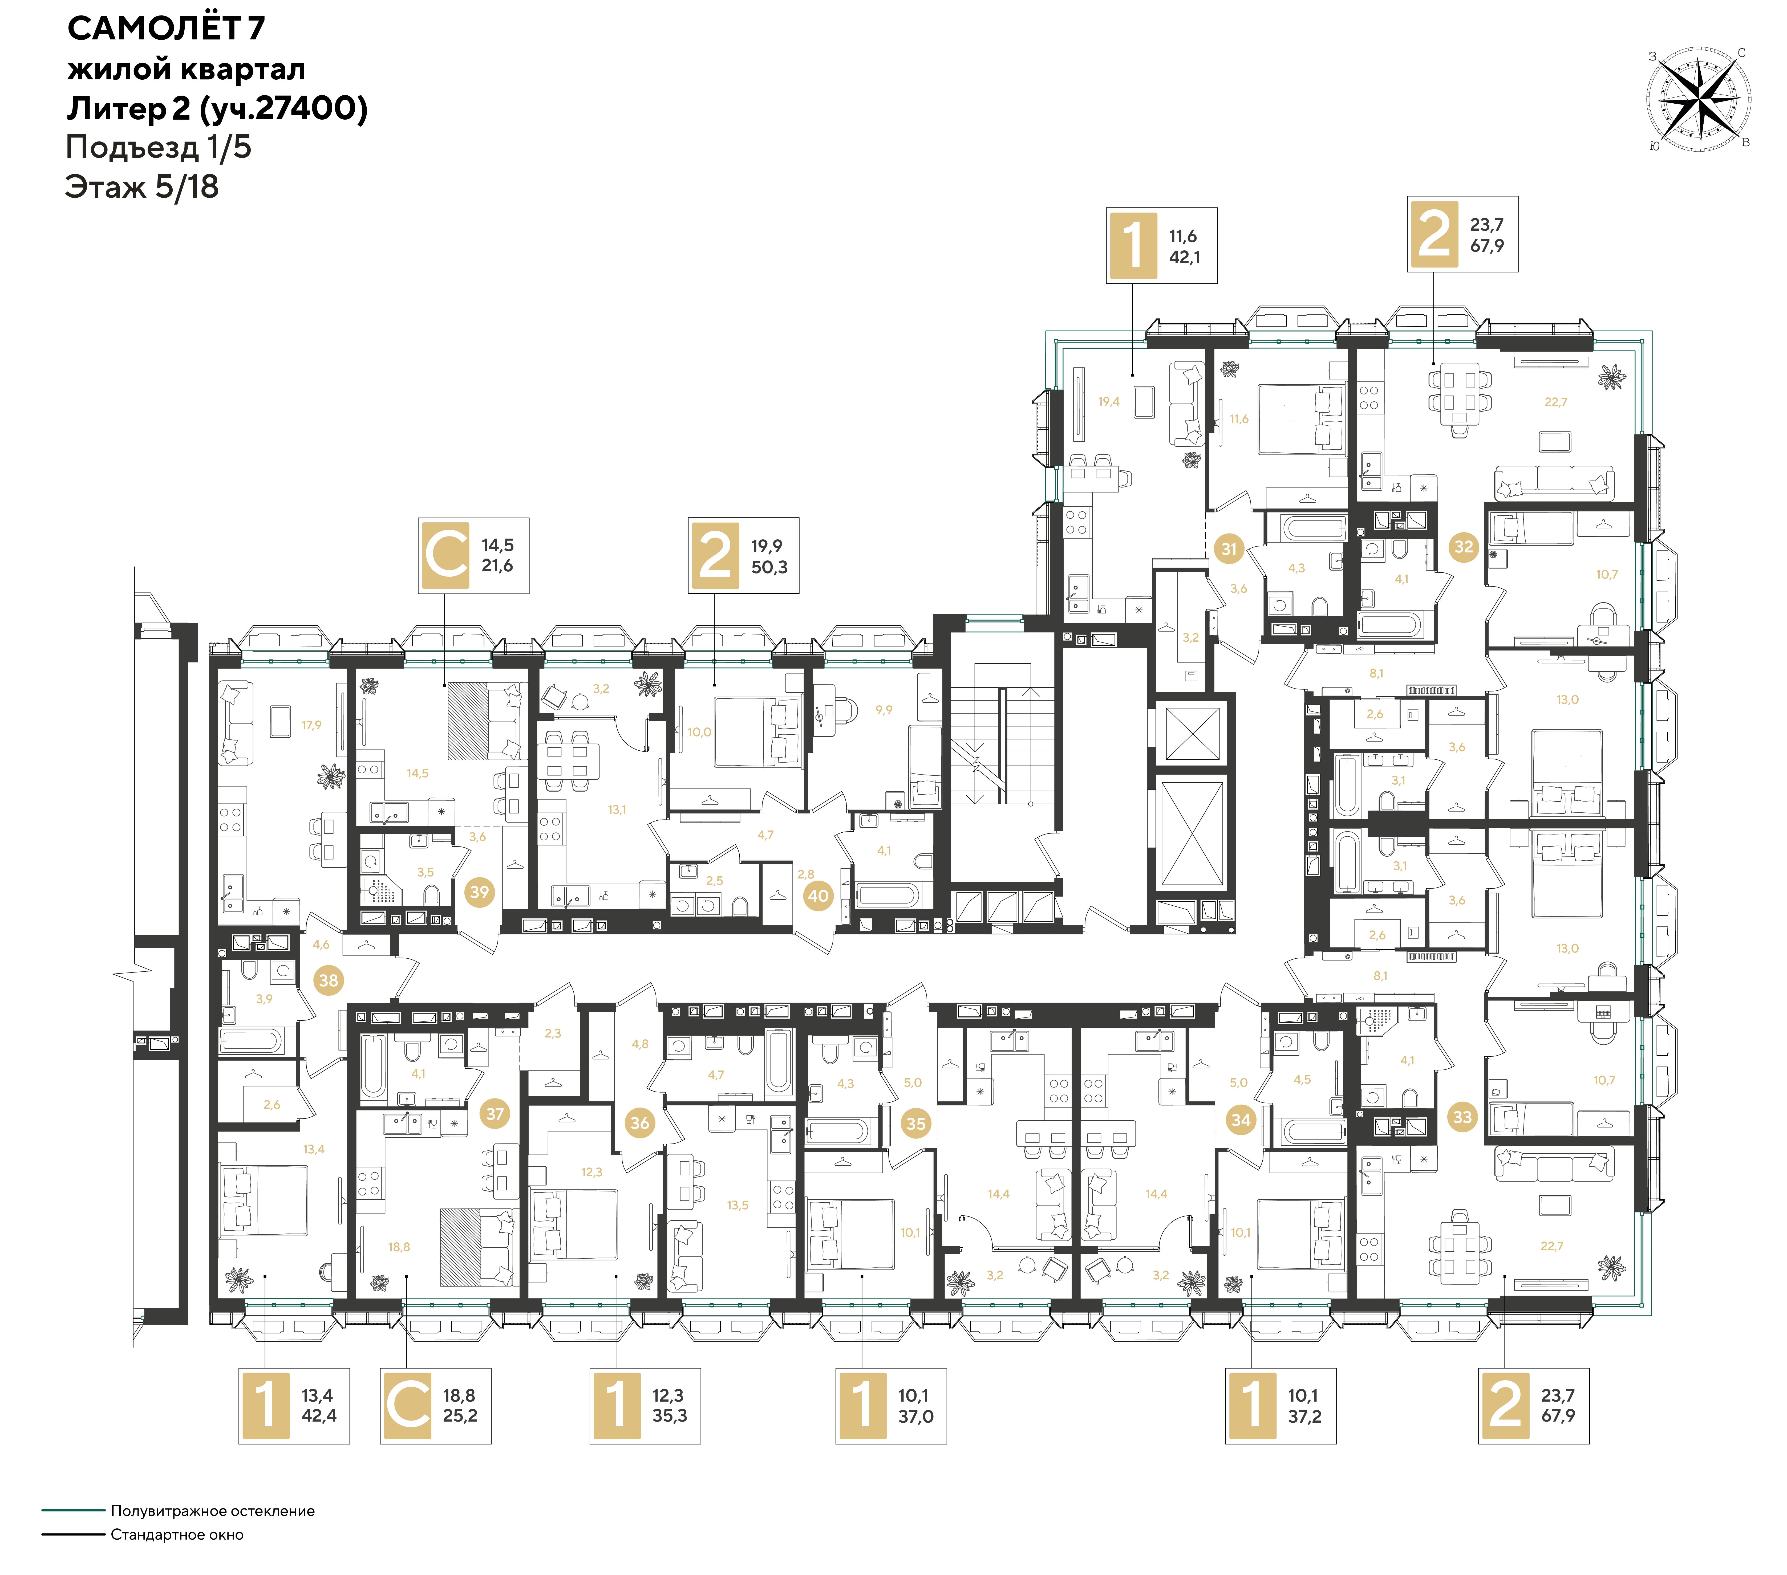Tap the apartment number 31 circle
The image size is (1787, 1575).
click(x=1229, y=549)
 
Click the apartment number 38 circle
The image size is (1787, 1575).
click(x=328, y=981)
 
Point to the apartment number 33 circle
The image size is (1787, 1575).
click(x=1463, y=1117)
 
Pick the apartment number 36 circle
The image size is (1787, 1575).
click(x=640, y=1123)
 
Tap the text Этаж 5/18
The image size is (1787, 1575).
click(x=142, y=187)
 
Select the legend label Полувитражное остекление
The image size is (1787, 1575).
click(x=212, y=1510)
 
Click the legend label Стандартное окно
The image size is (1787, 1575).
click(x=177, y=1534)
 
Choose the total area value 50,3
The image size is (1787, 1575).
click(x=769, y=567)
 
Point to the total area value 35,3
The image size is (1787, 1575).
click(x=670, y=1416)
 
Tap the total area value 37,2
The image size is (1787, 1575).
click(x=1304, y=1416)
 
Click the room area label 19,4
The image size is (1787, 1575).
click(x=1109, y=402)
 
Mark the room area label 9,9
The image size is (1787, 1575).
click(x=884, y=711)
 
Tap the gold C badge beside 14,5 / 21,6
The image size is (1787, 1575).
click(x=446, y=555)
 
